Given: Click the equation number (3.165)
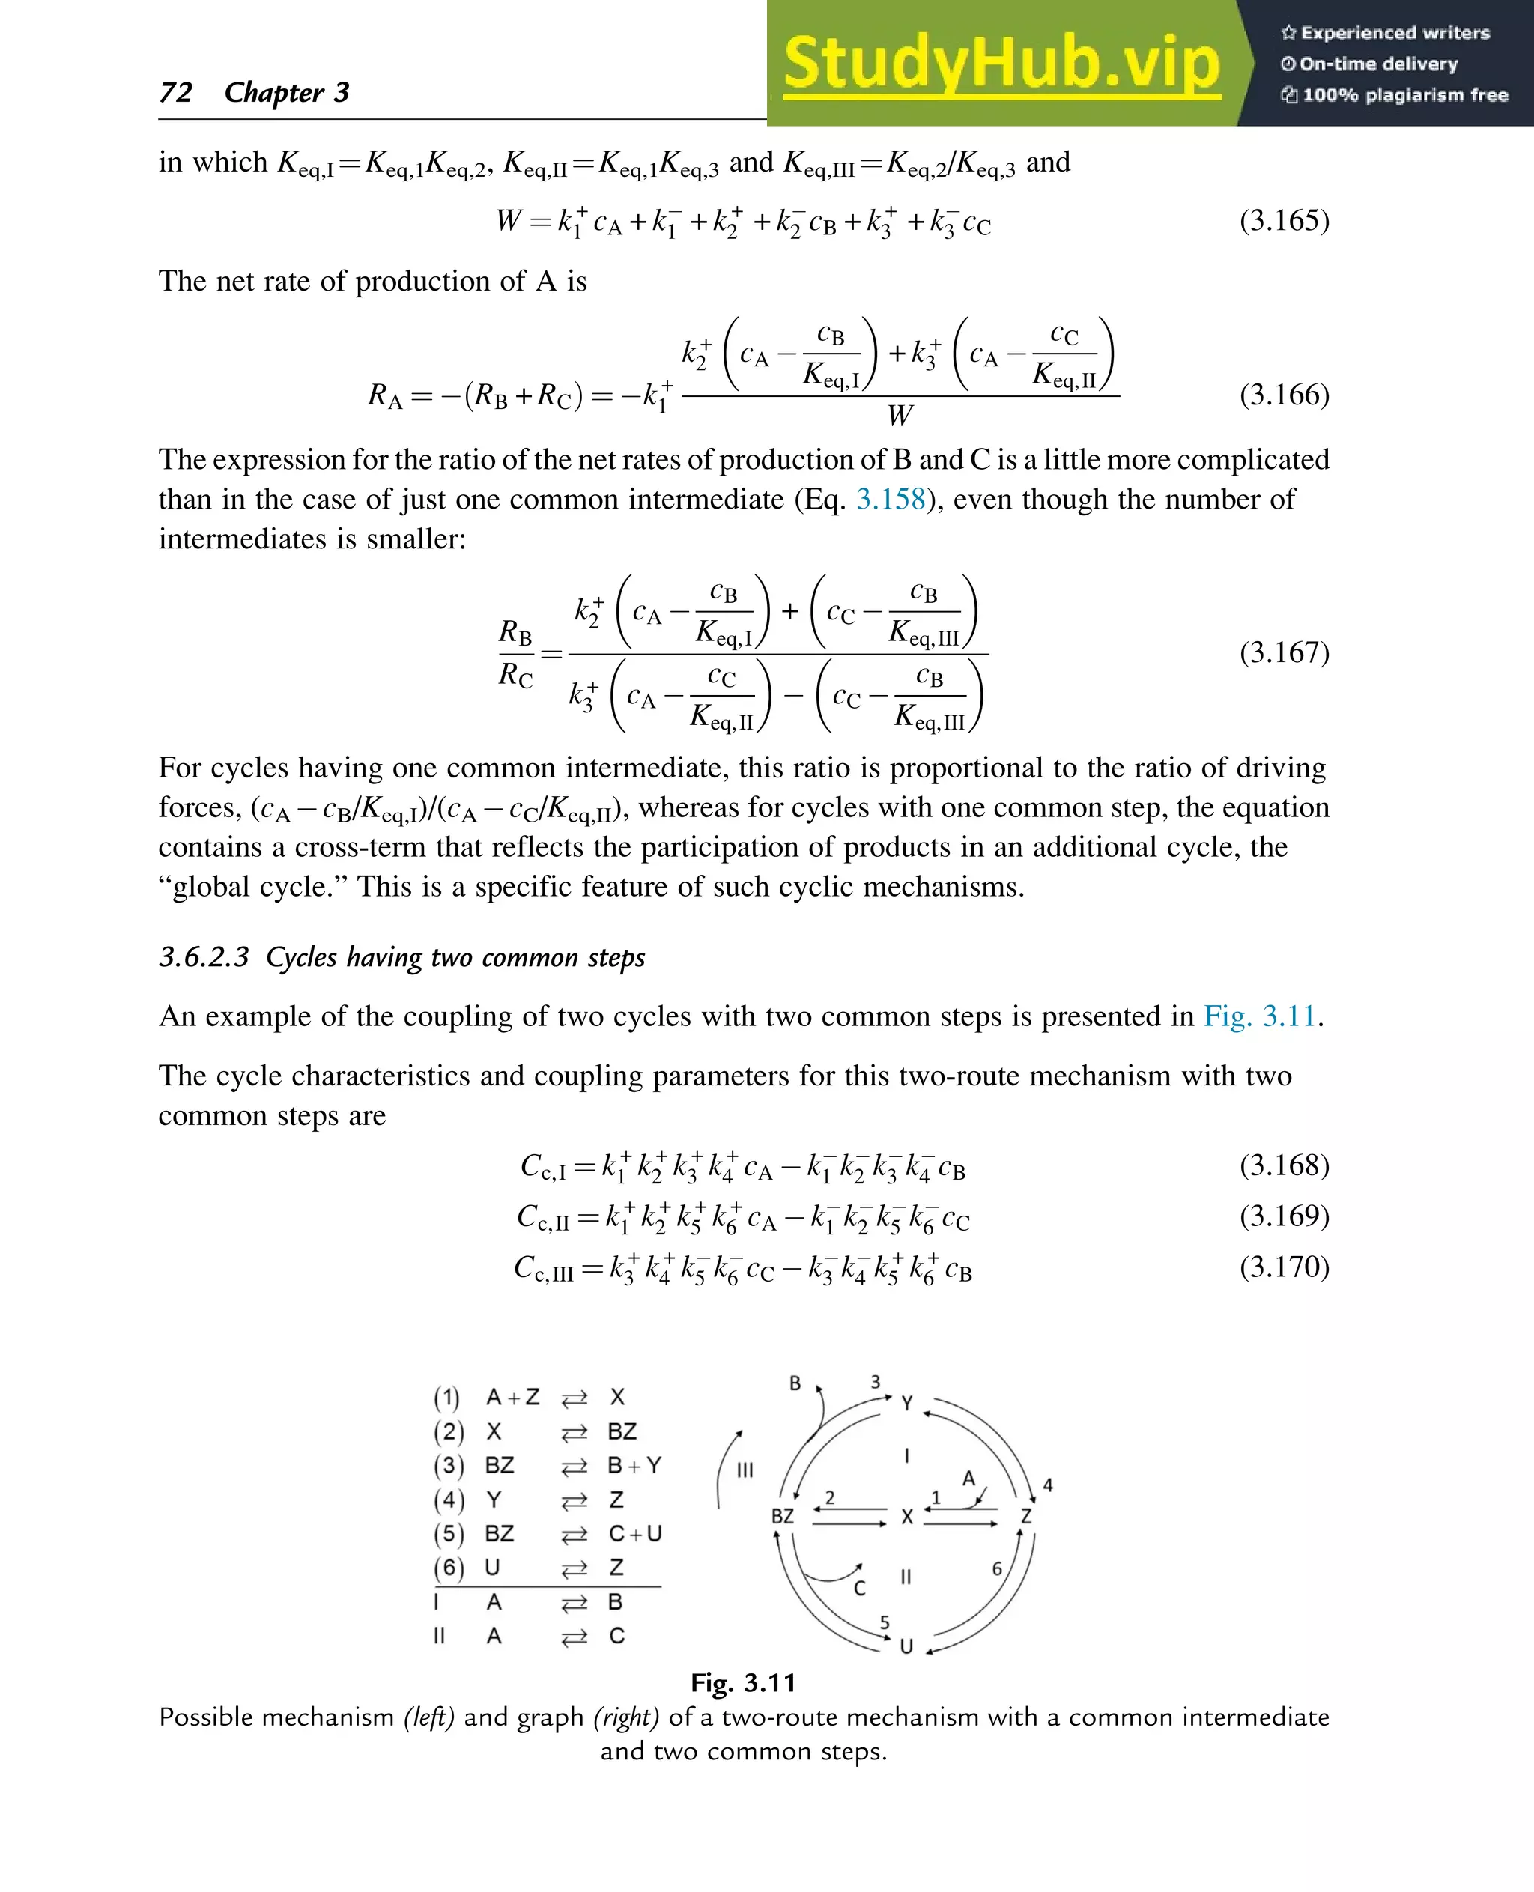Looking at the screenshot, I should click(x=1283, y=220).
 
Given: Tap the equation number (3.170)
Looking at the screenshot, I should click(x=1283, y=1267).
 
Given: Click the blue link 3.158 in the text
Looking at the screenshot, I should click(x=890, y=500).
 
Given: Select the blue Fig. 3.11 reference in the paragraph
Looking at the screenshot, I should click(x=1260, y=1016).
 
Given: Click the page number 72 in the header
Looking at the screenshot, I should click(x=176, y=92).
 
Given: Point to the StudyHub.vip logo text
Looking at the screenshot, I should click(x=1001, y=64).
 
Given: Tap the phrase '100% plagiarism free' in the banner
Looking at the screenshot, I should click(x=1404, y=95).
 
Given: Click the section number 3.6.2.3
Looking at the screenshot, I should click(x=204, y=957).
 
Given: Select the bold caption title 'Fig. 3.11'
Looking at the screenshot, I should click(x=743, y=1682).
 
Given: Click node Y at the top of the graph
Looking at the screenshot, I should click(x=906, y=1404).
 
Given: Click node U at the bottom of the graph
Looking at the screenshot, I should click(x=906, y=1646).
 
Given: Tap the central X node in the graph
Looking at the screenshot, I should click(x=906, y=1517).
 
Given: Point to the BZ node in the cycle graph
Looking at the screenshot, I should click(x=783, y=1517).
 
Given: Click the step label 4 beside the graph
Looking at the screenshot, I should click(x=1048, y=1485).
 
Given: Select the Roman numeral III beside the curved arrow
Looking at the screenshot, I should click(x=745, y=1470).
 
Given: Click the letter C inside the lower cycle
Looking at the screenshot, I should click(x=859, y=1589).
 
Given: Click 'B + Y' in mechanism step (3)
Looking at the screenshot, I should click(x=634, y=1465).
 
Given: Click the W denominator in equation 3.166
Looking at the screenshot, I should click(x=900, y=416).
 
